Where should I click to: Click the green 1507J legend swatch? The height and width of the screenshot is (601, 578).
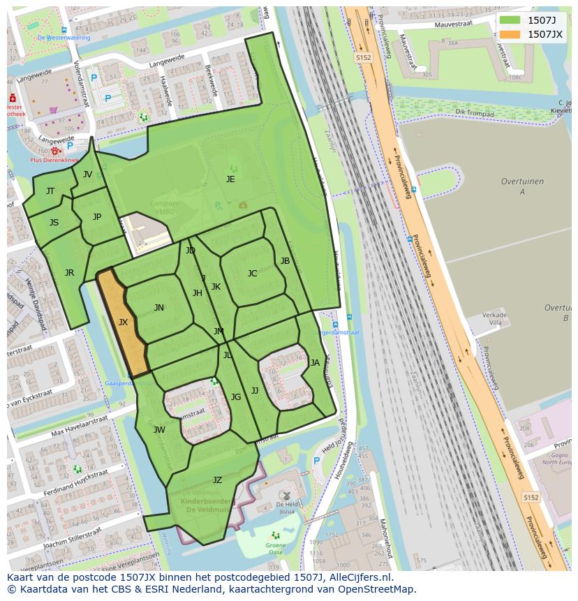pyautogui.click(x=510, y=20)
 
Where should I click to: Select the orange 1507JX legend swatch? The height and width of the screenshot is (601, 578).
pyautogui.click(x=510, y=34)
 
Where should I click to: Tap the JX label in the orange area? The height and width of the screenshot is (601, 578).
pyautogui.click(x=123, y=322)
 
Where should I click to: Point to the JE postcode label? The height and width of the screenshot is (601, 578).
pyautogui.click(x=230, y=179)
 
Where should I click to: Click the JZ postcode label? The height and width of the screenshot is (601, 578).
pyautogui.click(x=217, y=480)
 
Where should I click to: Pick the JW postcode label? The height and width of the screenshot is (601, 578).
pyautogui.click(x=159, y=430)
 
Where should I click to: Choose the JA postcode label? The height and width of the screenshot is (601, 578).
pyautogui.click(x=315, y=363)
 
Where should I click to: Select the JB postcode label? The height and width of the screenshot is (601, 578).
pyautogui.click(x=285, y=261)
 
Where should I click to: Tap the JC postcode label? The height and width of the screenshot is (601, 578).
pyautogui.click(x=252, y=274)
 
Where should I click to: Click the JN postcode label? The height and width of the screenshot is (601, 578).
pyautogui.click(x=158, y=308)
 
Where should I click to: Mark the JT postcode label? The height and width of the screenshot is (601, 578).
pyautogui.click(x=50, y=191)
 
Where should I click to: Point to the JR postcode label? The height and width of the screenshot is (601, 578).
pyautogui.click(x=69, y=273)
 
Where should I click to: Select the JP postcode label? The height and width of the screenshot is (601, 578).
pyautogui.click(x=97, y=217)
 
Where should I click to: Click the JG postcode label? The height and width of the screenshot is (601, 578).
pyautogui.click(x=236, y=397)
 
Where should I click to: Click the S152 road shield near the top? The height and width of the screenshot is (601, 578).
pyautogui.click(x=363, y=58)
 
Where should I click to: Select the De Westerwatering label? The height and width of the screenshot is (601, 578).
pyautogui.click(x=64, y=38)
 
